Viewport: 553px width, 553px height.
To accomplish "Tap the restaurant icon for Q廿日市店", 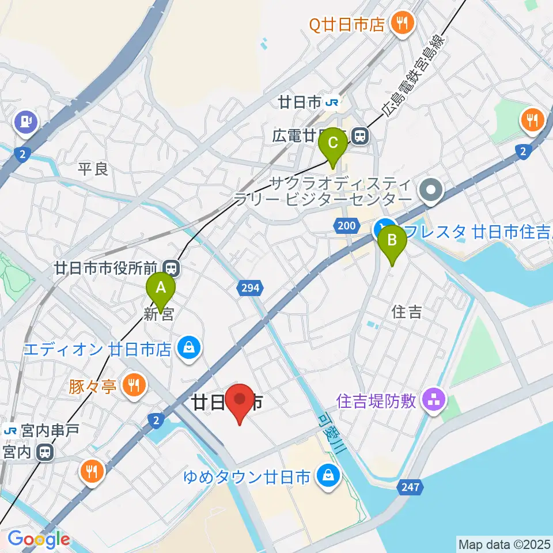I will tap(399, 23).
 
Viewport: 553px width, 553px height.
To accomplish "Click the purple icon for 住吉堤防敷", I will tap(433, 400).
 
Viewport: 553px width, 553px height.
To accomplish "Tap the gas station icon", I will tap(26, 122).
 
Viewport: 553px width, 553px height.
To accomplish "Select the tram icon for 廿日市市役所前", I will tap(170, 267).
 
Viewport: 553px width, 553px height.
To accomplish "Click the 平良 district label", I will tap(93, 169).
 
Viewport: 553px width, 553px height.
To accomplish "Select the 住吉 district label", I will tap(407, 312).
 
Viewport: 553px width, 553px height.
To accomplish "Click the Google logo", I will tap(38, 540).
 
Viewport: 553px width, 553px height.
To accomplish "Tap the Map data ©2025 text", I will tap(503, 543).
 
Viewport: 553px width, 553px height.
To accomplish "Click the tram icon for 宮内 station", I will tap(44, 452).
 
